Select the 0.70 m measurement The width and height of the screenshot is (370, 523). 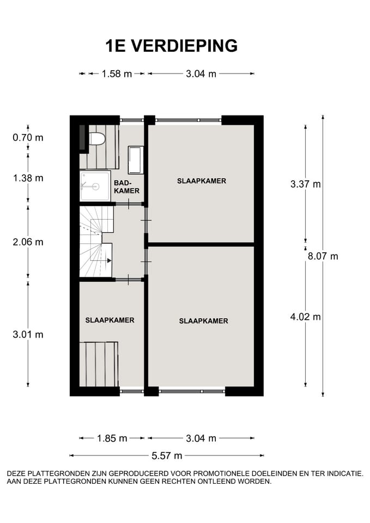(28, 137)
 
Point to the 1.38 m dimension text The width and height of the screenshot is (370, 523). (28, 178)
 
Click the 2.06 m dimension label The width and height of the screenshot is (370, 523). (28, 242)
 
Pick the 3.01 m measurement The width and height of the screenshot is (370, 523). (28, 335)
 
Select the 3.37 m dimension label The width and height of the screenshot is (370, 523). (306, 184)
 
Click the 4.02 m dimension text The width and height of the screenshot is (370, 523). (306, 317)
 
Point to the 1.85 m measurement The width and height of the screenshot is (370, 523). (112, 438)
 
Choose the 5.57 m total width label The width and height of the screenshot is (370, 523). (167, 455)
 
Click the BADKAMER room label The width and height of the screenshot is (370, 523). (127, 187)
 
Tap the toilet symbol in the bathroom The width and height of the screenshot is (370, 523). (96, 139)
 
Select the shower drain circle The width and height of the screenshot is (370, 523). (95, 186)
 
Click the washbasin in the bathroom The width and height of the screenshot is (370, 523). (135, 159)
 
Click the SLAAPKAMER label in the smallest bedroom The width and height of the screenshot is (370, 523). (110, 320)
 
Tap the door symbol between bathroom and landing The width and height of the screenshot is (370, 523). (129, 204)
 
